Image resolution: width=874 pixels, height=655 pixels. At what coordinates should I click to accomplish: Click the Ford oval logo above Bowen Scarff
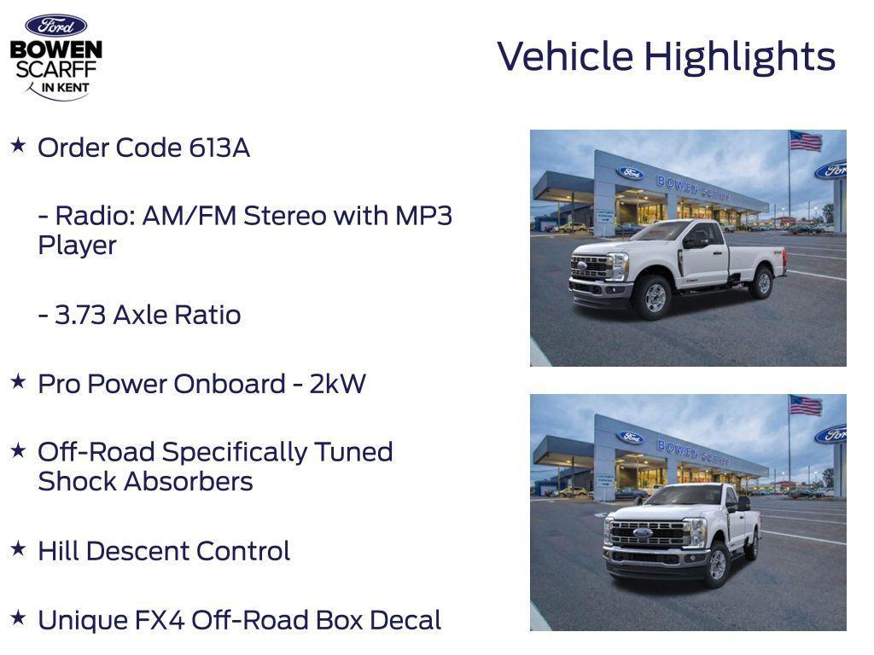pos(55,26)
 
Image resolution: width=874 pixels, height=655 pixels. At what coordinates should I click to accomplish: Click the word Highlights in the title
pos(739,57)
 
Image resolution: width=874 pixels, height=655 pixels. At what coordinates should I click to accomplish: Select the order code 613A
pos(219,148)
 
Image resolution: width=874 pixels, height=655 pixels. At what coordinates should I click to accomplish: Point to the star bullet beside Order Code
pos(18,146)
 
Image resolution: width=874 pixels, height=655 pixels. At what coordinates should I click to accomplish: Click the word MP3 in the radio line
pos(423,216)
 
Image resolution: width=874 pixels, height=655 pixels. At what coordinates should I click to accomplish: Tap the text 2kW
pos(337,385)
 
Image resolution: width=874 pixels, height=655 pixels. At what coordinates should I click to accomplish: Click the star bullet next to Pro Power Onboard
pos(18,382)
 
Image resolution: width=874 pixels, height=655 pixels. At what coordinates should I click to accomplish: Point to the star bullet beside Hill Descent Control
pos(18,549)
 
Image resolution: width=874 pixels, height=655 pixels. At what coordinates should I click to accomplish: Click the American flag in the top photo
pos(805,142)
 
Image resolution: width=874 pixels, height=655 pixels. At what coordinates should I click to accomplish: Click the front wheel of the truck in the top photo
pos(655,298)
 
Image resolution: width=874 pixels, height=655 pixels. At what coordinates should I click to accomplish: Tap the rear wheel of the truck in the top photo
pos(760,282)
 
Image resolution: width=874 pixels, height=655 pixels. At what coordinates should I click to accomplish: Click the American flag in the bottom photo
pos(805,406)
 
